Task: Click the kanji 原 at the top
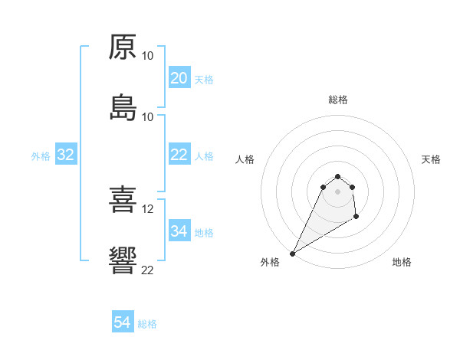point(123,47)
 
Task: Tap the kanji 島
point(123,108)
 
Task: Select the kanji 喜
point(123,201)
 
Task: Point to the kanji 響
point(123,261)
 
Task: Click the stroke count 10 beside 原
point(148,56)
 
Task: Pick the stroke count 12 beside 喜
point(148,209)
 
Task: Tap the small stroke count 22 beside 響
point(148,270)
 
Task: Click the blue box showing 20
point(179,78)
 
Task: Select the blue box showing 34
point(179,231)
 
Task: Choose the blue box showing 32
point(66,155)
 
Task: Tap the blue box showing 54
point(123,323)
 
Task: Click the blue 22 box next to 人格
point(179,155)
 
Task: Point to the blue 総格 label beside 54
point(147,324)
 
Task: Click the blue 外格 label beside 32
point(41,155)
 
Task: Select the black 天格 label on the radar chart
point(432,159)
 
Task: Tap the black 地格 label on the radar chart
point(402,262)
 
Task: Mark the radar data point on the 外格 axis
point(292,254)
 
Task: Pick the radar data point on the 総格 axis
point(338,175)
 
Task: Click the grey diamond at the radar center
point(338,191)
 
